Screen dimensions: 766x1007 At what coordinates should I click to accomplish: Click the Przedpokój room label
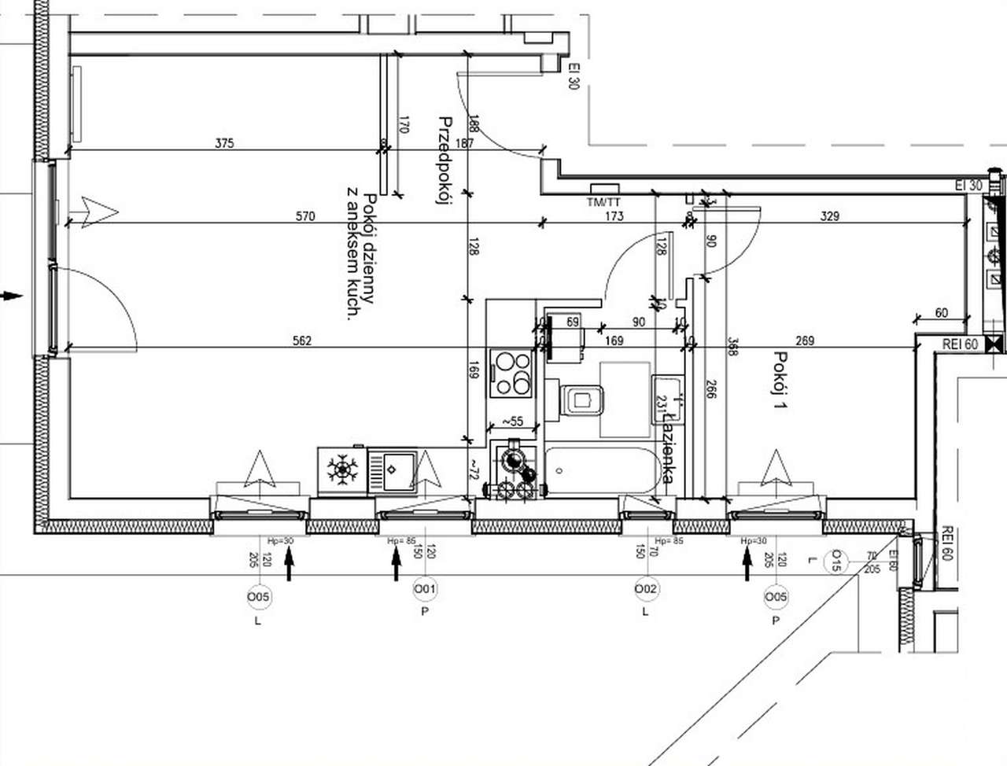(x=444, y=161)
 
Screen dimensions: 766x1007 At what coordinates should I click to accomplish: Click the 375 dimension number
(x=225, y=143)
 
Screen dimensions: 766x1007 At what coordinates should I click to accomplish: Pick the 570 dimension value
(x=304, y=216)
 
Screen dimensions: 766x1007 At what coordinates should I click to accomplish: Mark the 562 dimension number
(x=301, y=341)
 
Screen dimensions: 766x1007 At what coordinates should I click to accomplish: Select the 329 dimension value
(x=830, y=216)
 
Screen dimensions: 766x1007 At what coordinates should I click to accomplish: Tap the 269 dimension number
(x=805, y=341)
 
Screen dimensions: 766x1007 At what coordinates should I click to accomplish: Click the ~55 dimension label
(x=512, y=422)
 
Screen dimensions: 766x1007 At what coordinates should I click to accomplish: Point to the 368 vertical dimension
(x=732, y=347)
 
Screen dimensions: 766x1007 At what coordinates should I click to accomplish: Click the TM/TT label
(x=603, y=202)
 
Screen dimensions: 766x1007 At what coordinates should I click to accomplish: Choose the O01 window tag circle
(x=425, y=588)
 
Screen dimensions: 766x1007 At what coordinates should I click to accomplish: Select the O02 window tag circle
(x=646, y=588)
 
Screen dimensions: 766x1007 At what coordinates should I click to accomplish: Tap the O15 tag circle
(x=835, y=562)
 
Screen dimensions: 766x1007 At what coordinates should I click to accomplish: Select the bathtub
(x=602, y=470)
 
